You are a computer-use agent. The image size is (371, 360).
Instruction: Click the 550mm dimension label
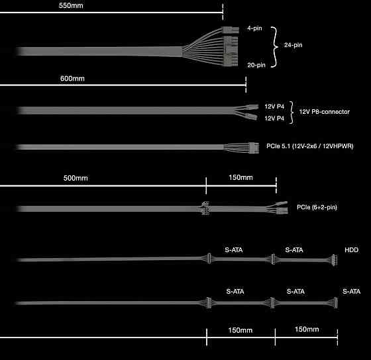(x=71, y=5)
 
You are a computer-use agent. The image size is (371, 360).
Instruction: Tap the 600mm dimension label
(x=72, y=79)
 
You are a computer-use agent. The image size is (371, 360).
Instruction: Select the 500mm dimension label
(x=76, y=178)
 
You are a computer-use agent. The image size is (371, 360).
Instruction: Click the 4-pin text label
(x=254, y=28)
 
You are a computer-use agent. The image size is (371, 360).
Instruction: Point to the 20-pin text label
(x=256, y=65)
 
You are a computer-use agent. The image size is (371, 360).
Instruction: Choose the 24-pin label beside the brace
(x=293, y=45)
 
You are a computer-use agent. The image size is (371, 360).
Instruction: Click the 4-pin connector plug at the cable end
(x=231, y=30)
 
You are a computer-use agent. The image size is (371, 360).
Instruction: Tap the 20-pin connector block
(x=231, y=52)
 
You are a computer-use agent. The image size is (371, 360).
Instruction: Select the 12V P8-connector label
(x=325, y=112)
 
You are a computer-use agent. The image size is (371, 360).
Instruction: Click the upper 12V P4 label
(x=274, y=107)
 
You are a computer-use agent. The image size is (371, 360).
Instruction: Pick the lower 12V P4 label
(x=274, y=118)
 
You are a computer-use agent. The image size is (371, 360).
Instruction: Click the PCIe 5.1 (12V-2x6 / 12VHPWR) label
(x=310, y=146)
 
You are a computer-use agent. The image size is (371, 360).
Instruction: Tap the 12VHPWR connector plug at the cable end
(x=254, y=148)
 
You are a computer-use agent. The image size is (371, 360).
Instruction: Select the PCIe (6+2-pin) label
(x=317, y=207)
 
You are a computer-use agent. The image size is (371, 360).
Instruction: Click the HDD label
(x=351, y=250)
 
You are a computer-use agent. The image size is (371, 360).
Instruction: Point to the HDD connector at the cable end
(x=334, y=260)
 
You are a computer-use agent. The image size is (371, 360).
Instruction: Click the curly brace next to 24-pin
(x=274, y=47)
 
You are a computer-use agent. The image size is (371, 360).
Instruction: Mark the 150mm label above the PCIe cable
(x=240, y=177)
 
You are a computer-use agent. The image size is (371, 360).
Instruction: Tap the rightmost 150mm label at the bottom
(x=307, y=330)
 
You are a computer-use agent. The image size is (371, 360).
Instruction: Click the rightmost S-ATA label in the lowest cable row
(x=351, y=291)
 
